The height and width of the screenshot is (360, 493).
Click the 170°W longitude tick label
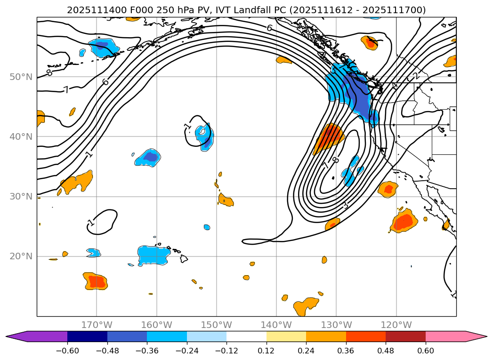tap(97, 325)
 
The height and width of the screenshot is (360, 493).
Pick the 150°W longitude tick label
tap(217, 325)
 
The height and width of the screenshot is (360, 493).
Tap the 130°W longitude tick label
tap(336, 325)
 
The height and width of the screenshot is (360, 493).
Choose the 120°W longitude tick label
tap(396, 325)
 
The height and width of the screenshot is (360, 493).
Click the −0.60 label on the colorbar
tap(67, 351)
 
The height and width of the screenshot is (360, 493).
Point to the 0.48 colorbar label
tap(386, 351)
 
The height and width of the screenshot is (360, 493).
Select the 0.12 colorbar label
tap(267, 351)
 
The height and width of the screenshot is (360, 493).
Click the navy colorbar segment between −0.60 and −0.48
tap(87, 336)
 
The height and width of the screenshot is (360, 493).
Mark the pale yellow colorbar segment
tap(286, 336)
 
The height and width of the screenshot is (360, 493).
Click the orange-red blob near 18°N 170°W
tap(96, 281)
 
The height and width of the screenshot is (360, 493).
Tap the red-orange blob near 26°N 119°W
tap(404, 222)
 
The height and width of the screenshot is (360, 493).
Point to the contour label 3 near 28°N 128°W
tap(345, 206)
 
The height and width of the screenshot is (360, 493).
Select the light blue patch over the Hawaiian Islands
tap(154, 255)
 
